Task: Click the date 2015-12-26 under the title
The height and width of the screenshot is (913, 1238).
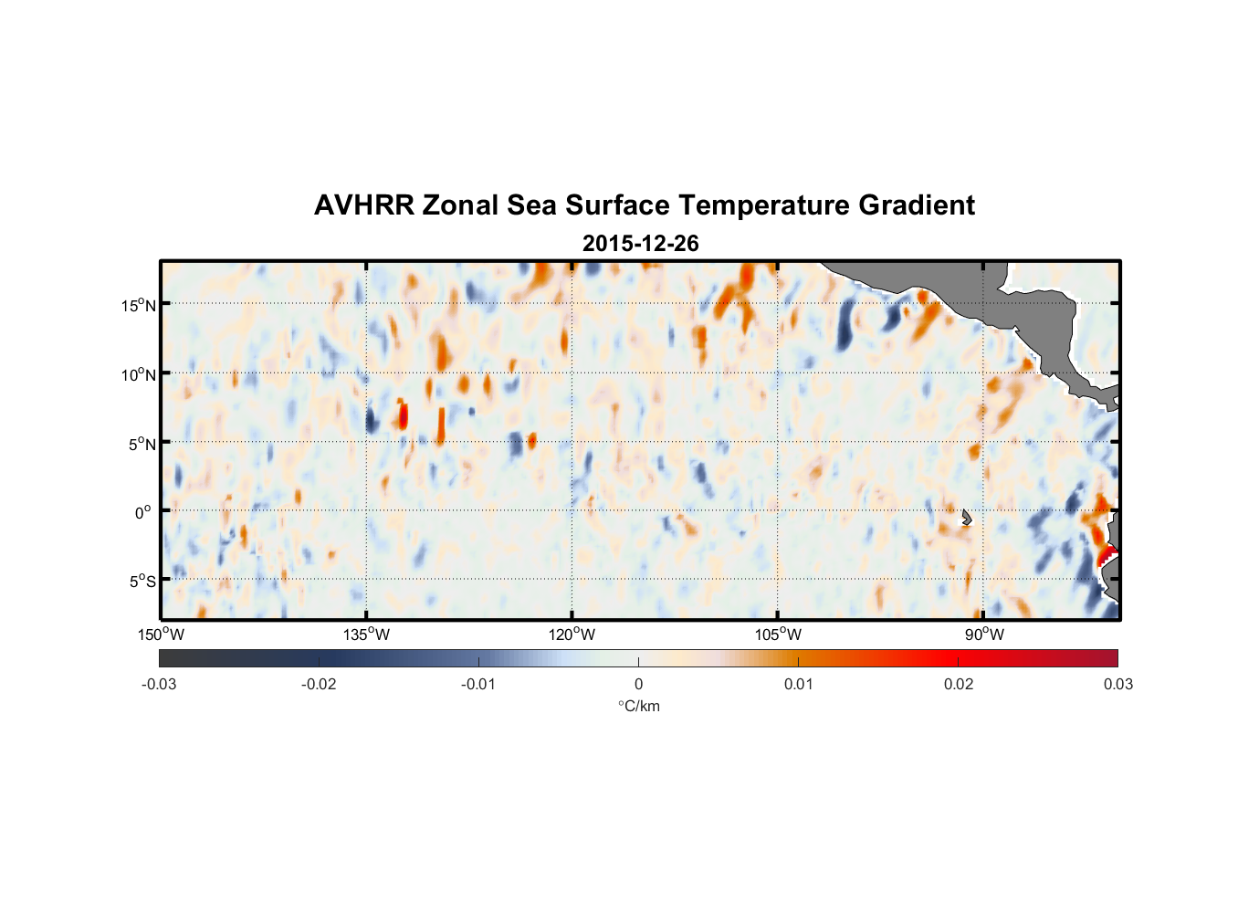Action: pos(640,244)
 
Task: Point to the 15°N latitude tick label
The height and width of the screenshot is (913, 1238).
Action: pos(139,305)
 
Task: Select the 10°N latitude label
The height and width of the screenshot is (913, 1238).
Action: pos(139,374)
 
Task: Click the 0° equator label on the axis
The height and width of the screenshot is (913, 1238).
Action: pos(143,512)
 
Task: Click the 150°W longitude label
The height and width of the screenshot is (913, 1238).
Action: pos(162,635)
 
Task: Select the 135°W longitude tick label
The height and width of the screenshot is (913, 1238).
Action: pos(367,635)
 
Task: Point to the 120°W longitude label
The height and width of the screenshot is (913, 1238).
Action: pos(572,635)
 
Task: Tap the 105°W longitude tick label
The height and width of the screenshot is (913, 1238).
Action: pos(778,635)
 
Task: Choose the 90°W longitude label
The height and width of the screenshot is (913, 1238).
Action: pos(984,635)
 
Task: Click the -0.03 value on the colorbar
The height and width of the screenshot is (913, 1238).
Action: pos(159,684)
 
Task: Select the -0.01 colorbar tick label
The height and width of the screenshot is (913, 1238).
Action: pos(478,684)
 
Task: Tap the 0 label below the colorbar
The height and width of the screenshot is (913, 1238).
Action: pos(638,684)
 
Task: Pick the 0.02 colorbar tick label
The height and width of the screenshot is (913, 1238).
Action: pos(959,684)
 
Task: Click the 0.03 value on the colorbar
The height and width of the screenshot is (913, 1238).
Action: pos(1117,684)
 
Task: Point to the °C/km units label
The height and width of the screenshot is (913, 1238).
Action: pos(638,706)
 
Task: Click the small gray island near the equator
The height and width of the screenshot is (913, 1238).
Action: pos(966,518)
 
